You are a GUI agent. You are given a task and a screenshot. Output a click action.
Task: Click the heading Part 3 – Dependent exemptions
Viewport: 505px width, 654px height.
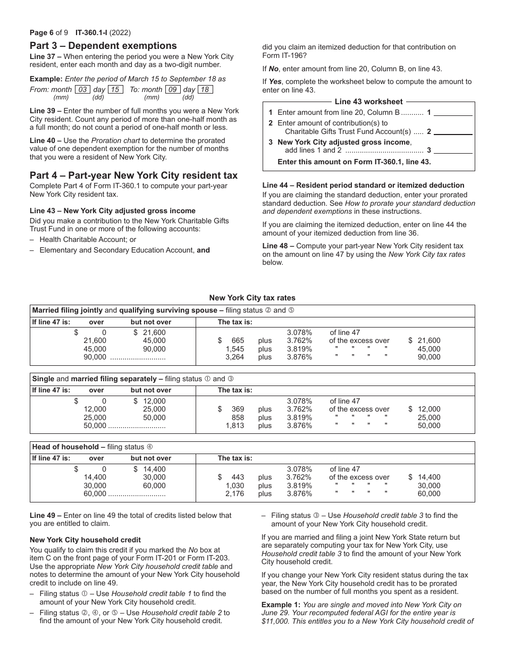[x=103, y=46]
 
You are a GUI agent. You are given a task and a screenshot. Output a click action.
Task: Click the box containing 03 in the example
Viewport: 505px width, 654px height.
[x=82, y=90]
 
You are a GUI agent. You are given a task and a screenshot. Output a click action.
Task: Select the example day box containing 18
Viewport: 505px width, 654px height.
[x=205, y=90]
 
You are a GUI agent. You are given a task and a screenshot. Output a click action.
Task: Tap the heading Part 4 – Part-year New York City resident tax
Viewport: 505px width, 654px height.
[x=133, y=175]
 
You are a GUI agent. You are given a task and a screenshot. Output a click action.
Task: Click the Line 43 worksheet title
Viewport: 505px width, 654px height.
[x=368, y=102]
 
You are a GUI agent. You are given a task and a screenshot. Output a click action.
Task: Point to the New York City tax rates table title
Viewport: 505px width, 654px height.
[x=252, y=298]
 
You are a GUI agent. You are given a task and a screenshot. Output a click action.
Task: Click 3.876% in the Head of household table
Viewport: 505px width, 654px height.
[x=299, y=494]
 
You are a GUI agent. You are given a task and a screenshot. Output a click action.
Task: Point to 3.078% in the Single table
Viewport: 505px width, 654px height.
[x=299, y=401]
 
